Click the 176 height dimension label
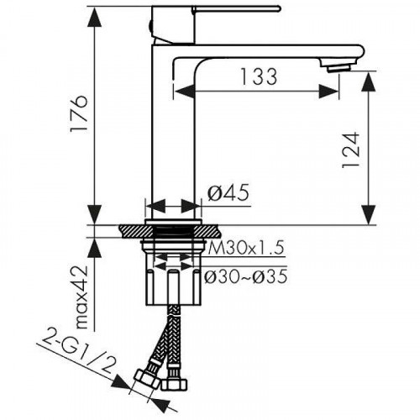79,113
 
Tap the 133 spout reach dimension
259,76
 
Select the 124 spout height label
350,150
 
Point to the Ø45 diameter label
228,193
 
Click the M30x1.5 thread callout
246,248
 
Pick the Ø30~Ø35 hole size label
245,276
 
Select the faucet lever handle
236,9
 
